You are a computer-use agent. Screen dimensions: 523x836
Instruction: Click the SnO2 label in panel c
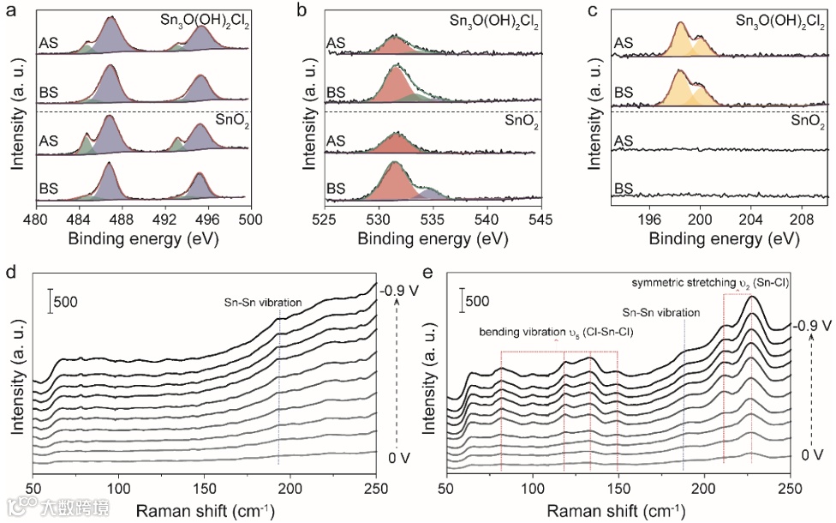(x=808, y=123)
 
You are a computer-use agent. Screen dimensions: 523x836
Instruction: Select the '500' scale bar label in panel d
(x=67, y=302)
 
